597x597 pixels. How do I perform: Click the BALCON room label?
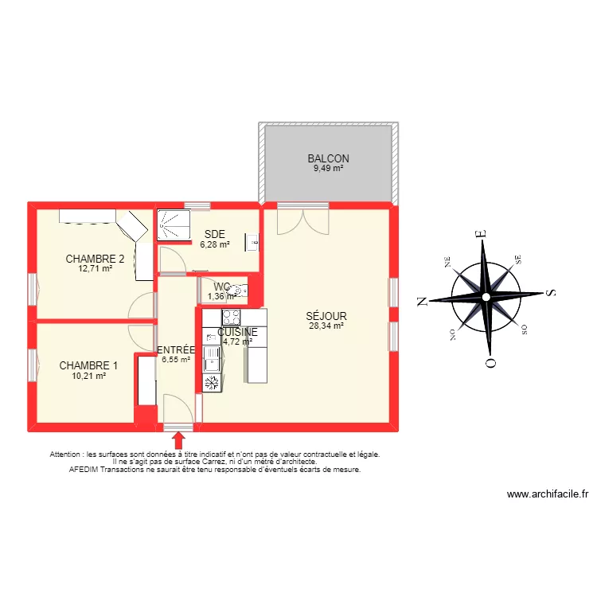pos(328,158)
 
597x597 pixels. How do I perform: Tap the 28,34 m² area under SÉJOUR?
pos(326,326)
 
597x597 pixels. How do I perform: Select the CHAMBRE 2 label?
pos(95,259)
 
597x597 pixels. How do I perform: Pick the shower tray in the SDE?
pos(174,224)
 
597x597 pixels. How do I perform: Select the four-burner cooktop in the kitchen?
pos(231,318)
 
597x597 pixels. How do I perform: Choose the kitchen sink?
pos(212,357)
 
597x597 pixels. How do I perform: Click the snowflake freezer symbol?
pos(212,384)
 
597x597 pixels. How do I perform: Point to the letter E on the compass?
pos(480,234)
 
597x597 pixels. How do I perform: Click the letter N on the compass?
pos(423,300)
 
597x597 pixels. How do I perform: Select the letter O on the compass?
pos(491,363)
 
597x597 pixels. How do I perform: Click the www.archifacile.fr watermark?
pos(548,494)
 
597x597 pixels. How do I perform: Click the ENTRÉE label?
pos(175,349)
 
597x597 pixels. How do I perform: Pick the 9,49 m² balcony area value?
pos(328,169)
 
